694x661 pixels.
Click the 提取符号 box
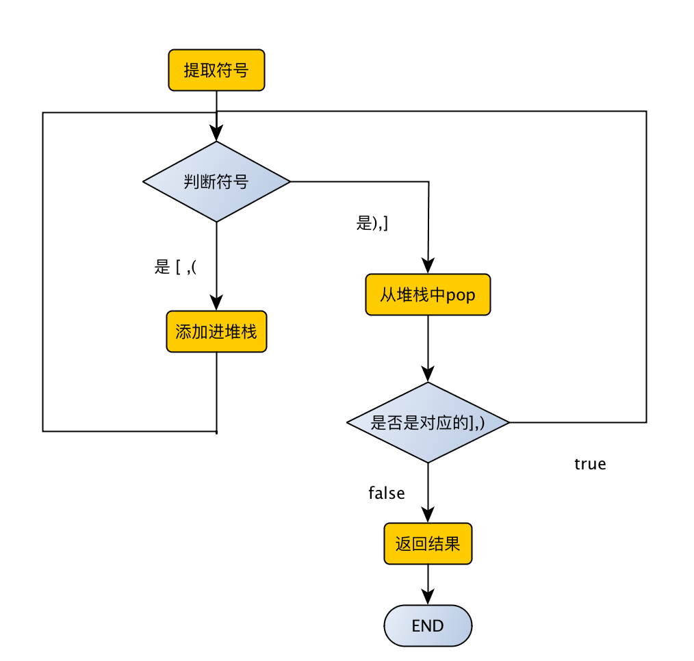[x=216, y=70]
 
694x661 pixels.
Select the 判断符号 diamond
[x=216, y=181]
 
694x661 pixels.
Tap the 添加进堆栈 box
[x=216, y=332]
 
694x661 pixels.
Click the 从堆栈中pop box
[x=428, y=295]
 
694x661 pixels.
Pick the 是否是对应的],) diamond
[x=428, y=422]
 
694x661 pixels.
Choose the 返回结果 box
[x=428, y=544]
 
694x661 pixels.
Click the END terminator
[x=428, y=625]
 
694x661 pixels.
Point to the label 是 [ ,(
[x=176, y=267]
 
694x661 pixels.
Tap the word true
[x=590, y=464]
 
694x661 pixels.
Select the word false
[x=387, y=493]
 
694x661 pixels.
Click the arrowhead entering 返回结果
[x=428, y=517]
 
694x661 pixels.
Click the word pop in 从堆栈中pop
[x=461, y=296]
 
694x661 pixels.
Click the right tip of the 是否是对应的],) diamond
[x=509, y=422]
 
